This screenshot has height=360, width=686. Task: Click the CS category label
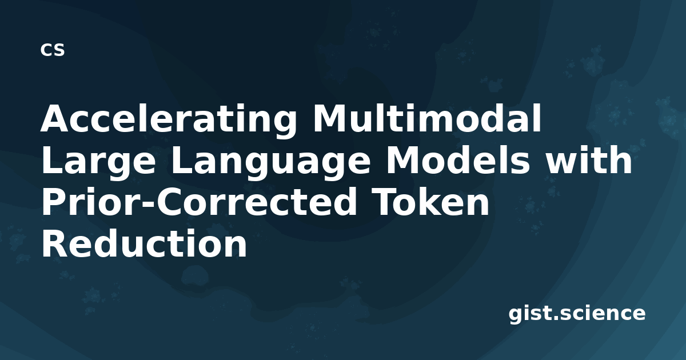point(53,50)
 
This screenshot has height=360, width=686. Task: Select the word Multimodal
point(427,118)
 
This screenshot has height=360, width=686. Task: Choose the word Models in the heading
point(458,160)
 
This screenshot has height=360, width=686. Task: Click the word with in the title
point(589,160)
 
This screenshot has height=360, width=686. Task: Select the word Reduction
point(144,244)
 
